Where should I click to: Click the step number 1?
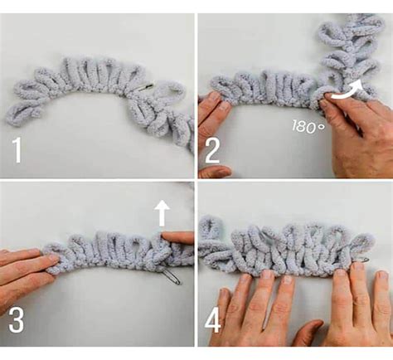17,150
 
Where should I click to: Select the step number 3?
16,321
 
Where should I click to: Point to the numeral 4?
213,321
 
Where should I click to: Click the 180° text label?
308,126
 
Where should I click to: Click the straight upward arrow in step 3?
162,213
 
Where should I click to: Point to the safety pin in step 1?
145,88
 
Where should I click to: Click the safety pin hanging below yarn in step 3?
171,276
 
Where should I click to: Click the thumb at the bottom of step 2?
214,172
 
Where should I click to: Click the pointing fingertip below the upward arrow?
166,237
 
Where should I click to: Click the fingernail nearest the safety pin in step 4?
359,267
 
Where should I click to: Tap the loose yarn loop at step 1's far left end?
23,114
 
